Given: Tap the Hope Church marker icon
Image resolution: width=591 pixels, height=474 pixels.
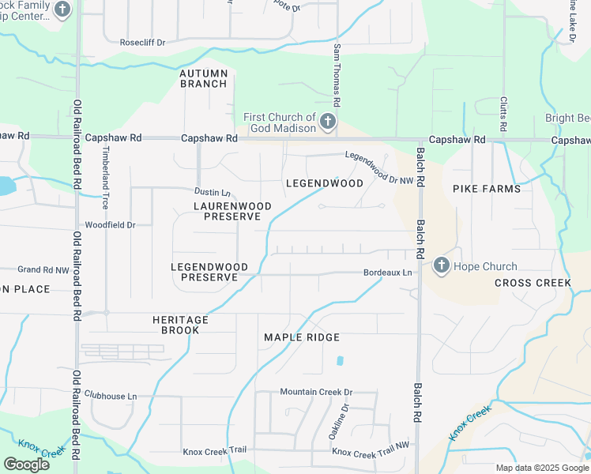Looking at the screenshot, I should (x=442, y=266).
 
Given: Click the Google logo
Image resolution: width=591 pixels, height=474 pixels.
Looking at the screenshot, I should (x=26, y=464).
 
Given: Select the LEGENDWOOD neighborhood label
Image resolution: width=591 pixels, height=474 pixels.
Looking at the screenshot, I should (x=325, y=183).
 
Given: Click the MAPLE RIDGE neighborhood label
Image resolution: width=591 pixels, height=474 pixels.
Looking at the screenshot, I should (x=302, y=337).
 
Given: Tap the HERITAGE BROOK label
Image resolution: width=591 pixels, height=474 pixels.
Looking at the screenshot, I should (x=180, y=325).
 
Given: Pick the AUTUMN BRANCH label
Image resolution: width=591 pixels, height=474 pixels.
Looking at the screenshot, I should (x=204, y=78).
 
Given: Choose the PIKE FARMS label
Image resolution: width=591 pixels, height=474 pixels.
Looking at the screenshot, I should (x=487, y=189).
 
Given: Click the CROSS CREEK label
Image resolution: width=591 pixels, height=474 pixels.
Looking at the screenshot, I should (x=533, y=283).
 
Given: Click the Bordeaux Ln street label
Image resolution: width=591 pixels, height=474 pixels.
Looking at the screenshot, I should (x=388, y=273).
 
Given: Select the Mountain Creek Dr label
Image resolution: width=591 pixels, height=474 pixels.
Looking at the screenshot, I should (x=316, y=392).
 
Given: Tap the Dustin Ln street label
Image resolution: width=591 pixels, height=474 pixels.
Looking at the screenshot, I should (x=213, y=192).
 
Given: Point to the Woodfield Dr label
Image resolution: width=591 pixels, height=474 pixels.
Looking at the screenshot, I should (x=111, y=225).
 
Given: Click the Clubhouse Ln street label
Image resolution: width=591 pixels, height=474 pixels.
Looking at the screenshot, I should (x=111, y=396).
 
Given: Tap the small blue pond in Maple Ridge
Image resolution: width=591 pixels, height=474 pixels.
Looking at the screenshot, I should (x=340, y=361).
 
